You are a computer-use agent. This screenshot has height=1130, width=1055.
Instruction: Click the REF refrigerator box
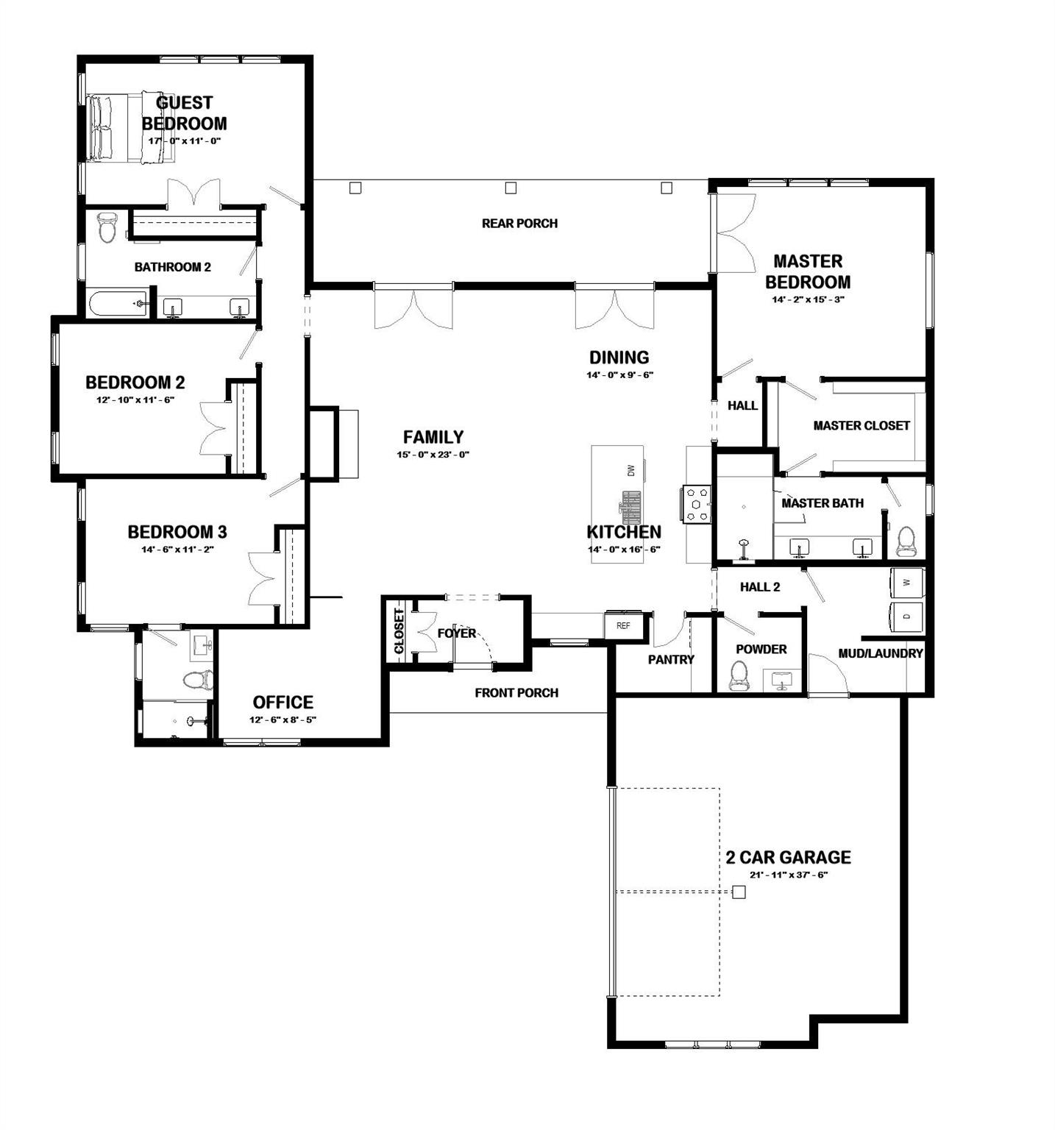[x=623, y=626]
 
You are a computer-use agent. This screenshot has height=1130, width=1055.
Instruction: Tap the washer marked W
[x=907, y=582]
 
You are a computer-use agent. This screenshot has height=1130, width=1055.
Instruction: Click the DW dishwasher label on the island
[x=630, y=470]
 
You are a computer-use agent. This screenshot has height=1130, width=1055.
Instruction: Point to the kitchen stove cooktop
[x=696, y=505]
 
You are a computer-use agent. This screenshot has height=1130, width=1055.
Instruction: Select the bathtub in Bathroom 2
[x=118, y=303]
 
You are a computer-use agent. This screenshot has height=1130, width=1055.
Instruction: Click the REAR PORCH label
[x=519, y=223]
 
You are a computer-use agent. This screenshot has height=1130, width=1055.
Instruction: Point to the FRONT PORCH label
[x=516, y=692]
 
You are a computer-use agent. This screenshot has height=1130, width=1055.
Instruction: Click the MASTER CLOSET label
[x=862, y=425]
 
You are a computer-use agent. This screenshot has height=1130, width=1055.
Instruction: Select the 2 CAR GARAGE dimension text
[x=789, y=875]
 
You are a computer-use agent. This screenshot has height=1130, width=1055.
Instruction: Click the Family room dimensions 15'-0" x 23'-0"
[x=433, y=455]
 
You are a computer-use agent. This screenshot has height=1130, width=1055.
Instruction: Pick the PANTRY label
[x=671, y=660]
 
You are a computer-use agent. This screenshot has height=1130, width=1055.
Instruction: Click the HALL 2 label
[x=760, y=587]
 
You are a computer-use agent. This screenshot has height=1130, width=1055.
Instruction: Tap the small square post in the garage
[x=739, y=892]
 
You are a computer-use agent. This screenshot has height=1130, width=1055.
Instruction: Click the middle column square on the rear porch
[x=511, y=188]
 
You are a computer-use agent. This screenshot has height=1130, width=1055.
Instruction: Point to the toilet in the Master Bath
[x=906, y=541]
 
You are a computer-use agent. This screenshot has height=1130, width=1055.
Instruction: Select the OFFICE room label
[x=283, y=702]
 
